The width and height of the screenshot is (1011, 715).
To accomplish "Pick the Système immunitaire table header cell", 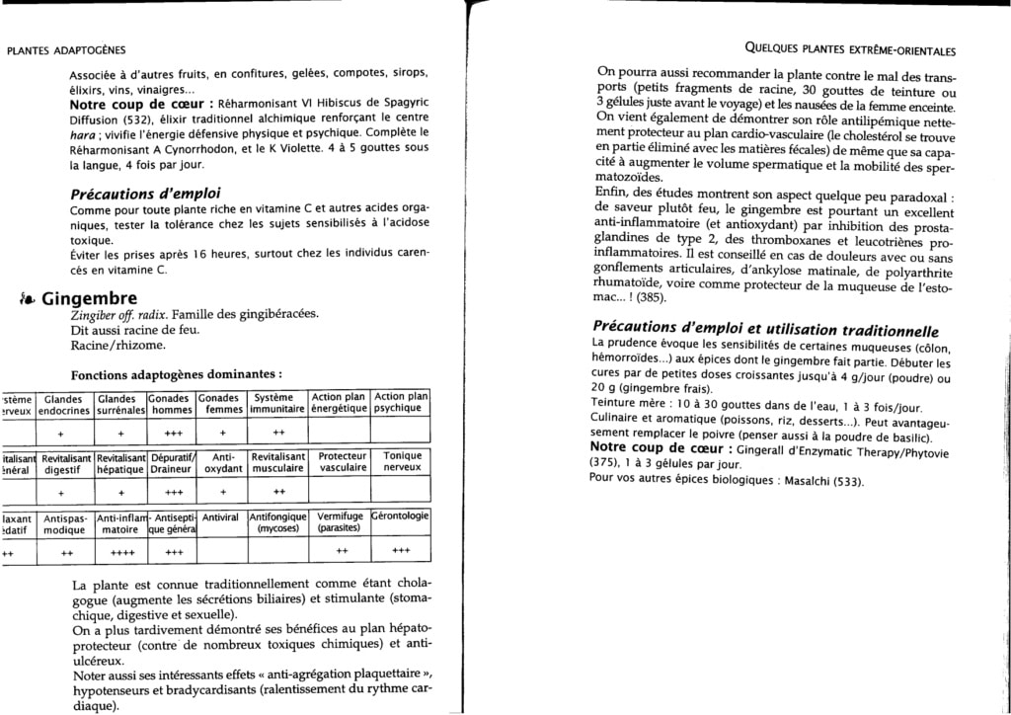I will [x=277, y=403].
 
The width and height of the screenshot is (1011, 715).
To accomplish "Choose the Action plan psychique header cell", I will [x=402, y=403].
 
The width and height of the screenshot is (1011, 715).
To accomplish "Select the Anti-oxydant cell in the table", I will [x=223, y=462].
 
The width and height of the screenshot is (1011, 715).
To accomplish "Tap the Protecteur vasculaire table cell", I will [x=342, y=462].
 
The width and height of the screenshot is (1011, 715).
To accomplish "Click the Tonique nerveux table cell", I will [x=402, y=462].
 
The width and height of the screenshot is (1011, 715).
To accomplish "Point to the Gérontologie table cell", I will [x=401, y=516].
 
